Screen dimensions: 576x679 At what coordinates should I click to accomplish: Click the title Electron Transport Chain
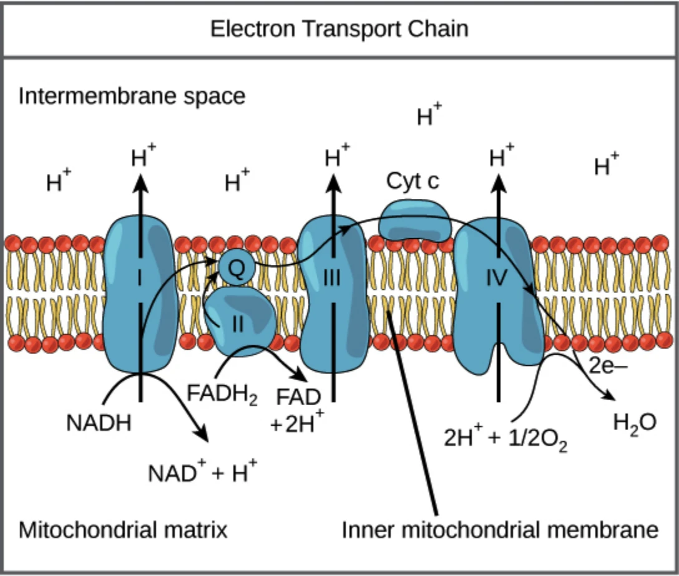point(339,29)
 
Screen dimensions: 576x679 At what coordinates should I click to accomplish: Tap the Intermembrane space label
point(132,97)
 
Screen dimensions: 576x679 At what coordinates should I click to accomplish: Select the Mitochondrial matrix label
point(122,530)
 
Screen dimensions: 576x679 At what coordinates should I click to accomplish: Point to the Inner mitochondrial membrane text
point(500,530)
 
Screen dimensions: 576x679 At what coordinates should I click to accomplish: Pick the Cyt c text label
point(413,182)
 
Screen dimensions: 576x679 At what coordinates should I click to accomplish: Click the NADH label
point(99,423)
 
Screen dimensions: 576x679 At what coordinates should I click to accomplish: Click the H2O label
point(634,424)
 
